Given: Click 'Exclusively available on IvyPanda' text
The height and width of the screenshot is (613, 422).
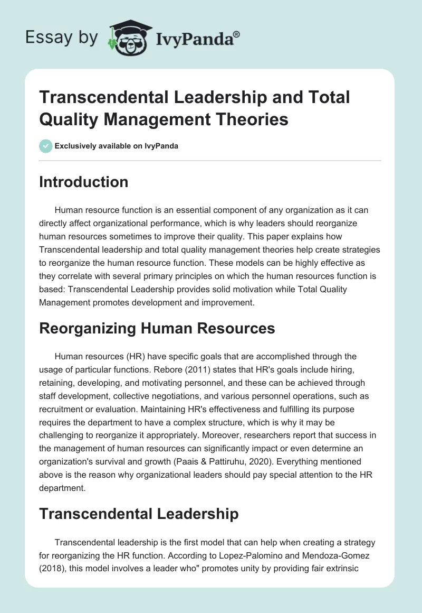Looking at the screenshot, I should (116, 146).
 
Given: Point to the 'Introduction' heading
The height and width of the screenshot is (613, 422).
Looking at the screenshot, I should (84, 182).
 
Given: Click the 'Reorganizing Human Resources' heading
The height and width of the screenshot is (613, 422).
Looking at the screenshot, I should (157, 328).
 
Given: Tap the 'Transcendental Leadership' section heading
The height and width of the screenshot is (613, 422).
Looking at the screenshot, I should (139, 513).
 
